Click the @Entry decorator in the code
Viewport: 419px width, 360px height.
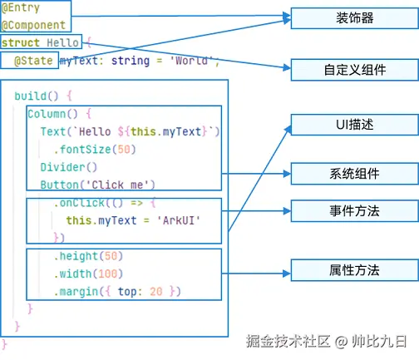[x=19, y=8]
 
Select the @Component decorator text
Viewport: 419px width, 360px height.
[x=32, y=25]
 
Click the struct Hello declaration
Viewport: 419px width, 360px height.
[x=41, y=42]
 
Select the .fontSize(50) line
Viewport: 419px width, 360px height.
[x=94, y=150]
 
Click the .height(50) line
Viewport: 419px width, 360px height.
[x=88, y=255]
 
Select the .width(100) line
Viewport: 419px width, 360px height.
[x=88, y=274]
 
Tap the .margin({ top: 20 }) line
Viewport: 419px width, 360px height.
[x=116, y=291]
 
